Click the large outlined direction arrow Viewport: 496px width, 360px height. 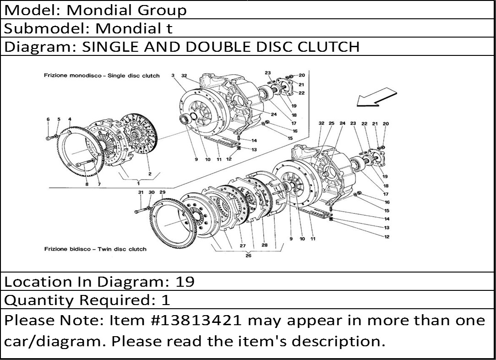(x=376, y=98)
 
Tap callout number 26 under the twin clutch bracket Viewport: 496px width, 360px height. (x=248, y=255)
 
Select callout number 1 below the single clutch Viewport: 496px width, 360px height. (x=138, y=183)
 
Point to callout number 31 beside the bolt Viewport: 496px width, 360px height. (x=141, y=192)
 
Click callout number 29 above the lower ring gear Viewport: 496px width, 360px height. (x=163, y=192)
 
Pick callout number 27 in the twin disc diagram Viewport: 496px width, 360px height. (x=243, y=246)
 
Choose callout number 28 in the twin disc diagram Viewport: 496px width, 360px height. (x=264, y=245)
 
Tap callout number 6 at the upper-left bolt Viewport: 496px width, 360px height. (x=48, y=119)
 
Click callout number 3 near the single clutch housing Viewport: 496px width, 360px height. (x=173, y=75)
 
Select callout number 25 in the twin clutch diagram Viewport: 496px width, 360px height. (x=331, y=123)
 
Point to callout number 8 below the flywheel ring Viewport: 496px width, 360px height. (x=87, y=184)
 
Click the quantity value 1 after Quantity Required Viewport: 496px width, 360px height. (x=165, y=300)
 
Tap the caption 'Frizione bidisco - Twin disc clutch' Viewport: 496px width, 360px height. (x=95, y=249)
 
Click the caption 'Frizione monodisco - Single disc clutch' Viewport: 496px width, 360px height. (x=102, y=76)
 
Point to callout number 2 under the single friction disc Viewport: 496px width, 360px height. (x=150, y=174)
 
